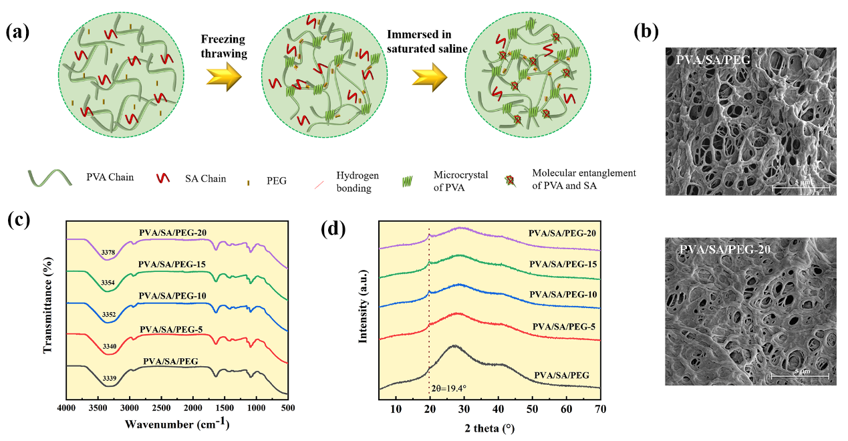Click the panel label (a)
pos(19,32)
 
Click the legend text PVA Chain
pos(110,178)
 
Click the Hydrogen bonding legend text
pos(360,181)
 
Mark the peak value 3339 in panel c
pos(110,379)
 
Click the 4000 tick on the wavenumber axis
pos(67,407)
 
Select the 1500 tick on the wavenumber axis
pos(225,407)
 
